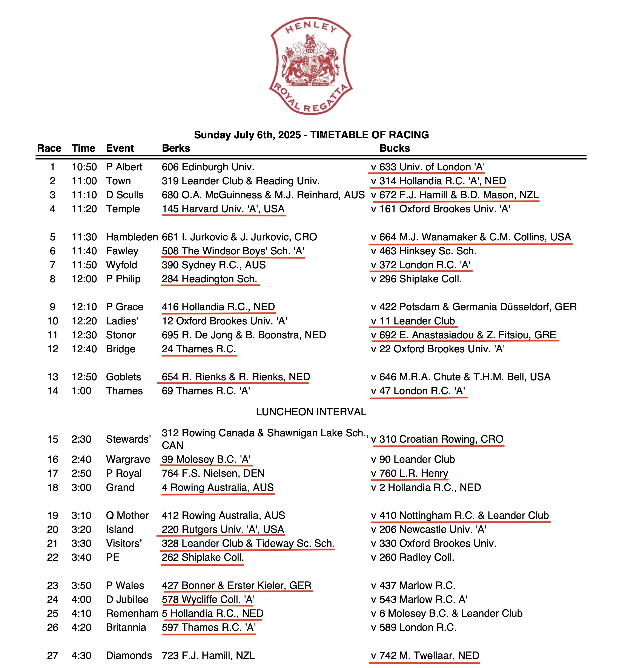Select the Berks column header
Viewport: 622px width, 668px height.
click(x=176, y=148)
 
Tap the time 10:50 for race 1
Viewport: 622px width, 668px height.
click(x=84, y=167)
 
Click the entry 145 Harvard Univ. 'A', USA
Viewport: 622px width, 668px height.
click(x=223, y=209)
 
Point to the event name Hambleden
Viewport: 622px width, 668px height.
click(x=132, y=237)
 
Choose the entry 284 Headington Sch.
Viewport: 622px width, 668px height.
click(x=209, y=279)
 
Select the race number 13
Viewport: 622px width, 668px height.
click(x=53, y=377)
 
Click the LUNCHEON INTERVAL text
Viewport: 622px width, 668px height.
click(x=311, y=412)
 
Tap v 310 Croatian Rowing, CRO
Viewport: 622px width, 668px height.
click(x=437, y=439)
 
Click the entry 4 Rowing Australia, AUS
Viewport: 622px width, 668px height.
click(x=218, y=488)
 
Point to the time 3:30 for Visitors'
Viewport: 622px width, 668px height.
click(x=81, y=543)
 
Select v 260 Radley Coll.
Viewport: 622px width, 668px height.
click(x=413, y=557)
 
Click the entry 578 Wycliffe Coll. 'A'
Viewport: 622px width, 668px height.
click(x=208, y=599)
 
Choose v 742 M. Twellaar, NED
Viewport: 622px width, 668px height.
click(x=425, y=656)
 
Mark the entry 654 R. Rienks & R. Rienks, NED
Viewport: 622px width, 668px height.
click(x=236, y=377)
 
